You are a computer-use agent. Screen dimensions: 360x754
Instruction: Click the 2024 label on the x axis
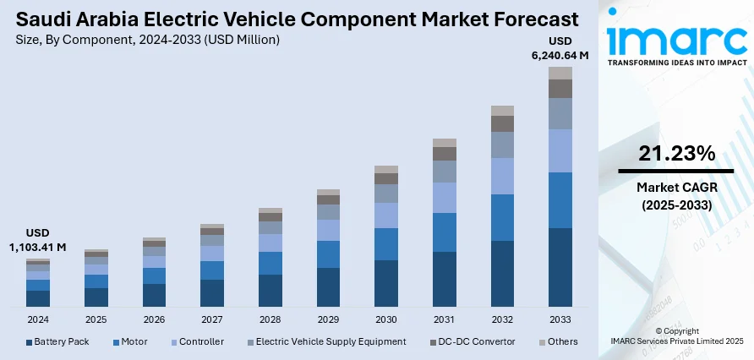pos(38,320)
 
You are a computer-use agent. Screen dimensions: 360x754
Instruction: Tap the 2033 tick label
pos(560,320)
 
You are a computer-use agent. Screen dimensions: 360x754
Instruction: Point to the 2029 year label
pos(328,320)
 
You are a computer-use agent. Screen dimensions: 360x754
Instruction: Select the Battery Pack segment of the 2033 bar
pos(560,267)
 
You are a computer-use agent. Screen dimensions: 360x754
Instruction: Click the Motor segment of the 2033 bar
pos(560,200)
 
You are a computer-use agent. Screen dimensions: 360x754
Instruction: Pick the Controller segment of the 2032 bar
pos(502,176)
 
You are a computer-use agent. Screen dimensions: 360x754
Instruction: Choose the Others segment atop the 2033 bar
pos(560,73)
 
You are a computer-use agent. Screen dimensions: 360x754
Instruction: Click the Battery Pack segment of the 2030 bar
pos(385,283)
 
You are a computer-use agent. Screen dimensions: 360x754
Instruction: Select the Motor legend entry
pos(129,341)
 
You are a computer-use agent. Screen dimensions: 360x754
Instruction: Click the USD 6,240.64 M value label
pos(560,48)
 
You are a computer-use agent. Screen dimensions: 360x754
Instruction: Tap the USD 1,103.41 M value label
pos(37,239)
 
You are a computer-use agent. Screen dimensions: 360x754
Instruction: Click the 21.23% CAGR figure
pos(676,153)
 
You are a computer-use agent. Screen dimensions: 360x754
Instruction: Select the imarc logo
pos(676,38)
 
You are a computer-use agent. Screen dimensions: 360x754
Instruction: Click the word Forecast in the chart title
pos(528,19)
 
